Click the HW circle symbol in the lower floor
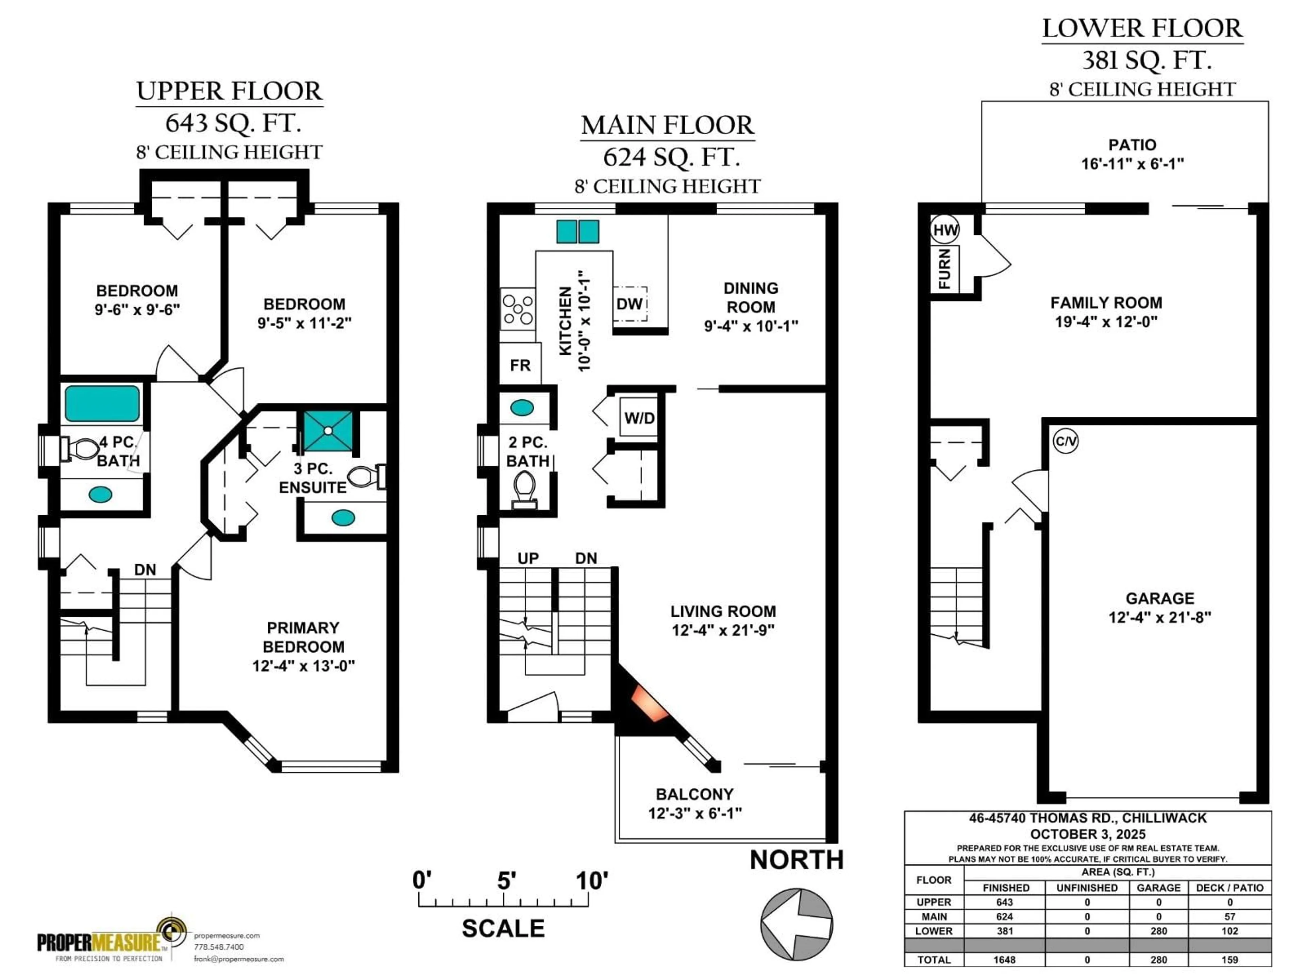[x=945, y=230]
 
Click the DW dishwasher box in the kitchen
[x=630, y=304]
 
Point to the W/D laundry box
[x=639, y=418]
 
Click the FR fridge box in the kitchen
[x=520, y=365]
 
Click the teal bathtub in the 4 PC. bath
[x=102, y=403]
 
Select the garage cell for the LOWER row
[x=1158, y=931]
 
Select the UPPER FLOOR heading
[x=229, y=91]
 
